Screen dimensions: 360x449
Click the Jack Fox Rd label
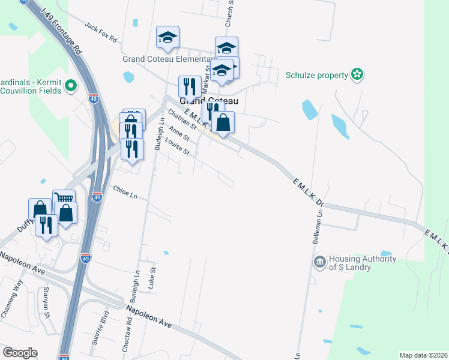[x=101, y=31]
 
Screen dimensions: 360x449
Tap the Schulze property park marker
[x=358, y=74]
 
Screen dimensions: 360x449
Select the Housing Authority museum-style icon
[x=319, y=262]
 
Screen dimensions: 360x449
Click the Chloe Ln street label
[x=125, y=193]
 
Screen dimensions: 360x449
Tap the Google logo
[x=20, y=353]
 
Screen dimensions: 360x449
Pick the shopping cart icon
[x=64, y=198]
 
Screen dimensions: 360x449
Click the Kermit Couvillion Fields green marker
[x=71, y=86]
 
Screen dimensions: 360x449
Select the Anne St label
[x=179, y=134]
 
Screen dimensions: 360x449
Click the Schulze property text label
[x=317, y=75]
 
